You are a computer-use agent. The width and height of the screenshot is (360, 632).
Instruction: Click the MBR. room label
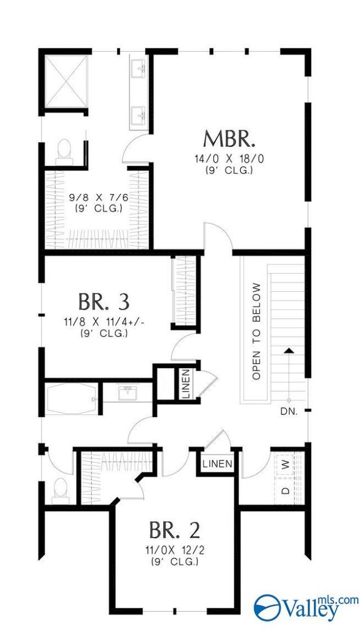coord(229,139)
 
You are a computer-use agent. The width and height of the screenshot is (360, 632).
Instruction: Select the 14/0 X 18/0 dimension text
coord(229,159)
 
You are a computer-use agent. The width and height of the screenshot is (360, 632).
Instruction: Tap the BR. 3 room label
coord(104,301)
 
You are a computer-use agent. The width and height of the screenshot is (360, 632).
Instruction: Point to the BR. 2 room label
coord(174,530)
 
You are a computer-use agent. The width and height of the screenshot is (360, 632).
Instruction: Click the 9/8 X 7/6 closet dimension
coord(99,198)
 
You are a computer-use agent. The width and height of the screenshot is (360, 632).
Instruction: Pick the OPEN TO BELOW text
coord(256,331)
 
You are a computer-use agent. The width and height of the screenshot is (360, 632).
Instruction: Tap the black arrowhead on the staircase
coord(288,350)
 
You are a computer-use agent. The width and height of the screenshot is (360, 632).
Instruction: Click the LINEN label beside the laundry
coord(217,463)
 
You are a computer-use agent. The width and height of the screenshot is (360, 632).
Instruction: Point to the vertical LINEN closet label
coord(186,383)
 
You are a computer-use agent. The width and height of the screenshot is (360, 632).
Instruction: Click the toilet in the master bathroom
coord(64,152)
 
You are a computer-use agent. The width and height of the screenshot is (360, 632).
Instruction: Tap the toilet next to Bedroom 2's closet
coord(61,490)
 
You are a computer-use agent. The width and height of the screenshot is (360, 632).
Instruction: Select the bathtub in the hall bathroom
coord(71,398)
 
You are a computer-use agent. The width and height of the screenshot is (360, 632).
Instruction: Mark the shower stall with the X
coord(66,82)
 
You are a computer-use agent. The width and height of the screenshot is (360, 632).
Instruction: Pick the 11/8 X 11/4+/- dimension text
coord(104,322)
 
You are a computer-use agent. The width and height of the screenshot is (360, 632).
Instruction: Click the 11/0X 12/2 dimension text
coord(174,550)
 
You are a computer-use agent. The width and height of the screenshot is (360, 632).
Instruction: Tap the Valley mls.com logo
coord(305,607)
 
